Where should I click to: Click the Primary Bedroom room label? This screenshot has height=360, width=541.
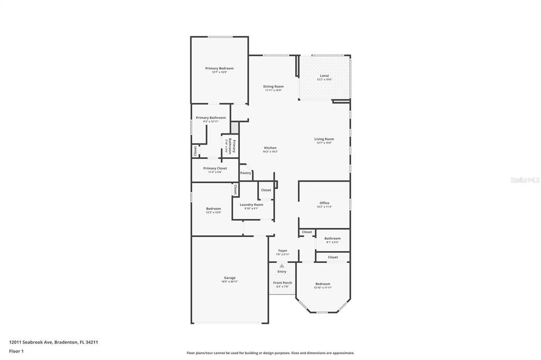[x=219, y=68]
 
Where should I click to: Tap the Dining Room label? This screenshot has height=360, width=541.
[x=274, y=87]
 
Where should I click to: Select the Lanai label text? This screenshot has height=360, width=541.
[x=324, y=75]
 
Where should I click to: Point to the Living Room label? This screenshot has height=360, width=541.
[x=324, y=139]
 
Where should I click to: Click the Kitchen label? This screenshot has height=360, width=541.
[x=270, y=148]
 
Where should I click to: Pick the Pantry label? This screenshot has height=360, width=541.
[x=246, y=173]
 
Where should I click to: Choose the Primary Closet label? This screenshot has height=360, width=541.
[x=215, y=168]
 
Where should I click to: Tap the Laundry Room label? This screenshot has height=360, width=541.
[x=251, y=205]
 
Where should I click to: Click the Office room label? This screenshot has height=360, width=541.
[x=324, y=203]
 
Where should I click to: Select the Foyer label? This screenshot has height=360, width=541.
[x=283, y=251]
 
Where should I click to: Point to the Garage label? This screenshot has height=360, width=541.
[x=230, y=278]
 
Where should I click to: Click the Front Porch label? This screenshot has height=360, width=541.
[x=282, y=283]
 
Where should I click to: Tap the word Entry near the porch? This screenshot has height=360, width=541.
[x=282, y=271]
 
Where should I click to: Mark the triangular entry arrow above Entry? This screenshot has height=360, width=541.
[x=282, y=266]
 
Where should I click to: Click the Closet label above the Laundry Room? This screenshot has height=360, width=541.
[x=266, y=190]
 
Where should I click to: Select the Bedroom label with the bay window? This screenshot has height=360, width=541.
[x=322, y=284]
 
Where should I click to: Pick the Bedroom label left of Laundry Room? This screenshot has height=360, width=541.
[x=213, y=209]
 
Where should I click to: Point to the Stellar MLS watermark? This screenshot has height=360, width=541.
[x=525, y=180]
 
